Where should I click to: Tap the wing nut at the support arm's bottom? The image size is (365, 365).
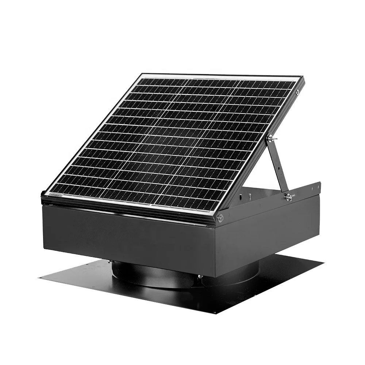[289, 197]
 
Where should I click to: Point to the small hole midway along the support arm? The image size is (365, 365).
[279, 169]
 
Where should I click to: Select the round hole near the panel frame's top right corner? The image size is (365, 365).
[297, 92]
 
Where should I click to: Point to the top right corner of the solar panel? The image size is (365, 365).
[303, 78]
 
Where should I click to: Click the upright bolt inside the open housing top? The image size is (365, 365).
[249, 196]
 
